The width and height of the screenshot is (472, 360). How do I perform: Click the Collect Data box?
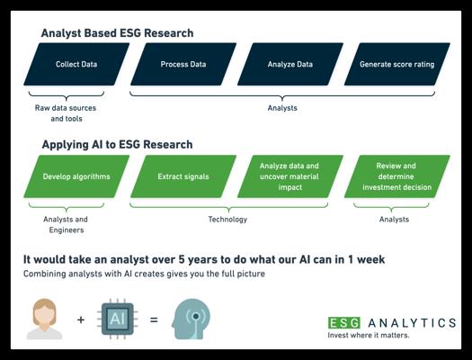tap(76, 64)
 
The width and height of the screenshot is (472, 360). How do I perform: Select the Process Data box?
tap(183, 64)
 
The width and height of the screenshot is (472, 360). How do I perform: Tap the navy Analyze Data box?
tap(290, 64)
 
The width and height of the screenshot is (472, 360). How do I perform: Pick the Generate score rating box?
tap(397, 64)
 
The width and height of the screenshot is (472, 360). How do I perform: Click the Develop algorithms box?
tap(76, 176)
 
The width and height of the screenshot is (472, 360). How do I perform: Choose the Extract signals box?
tap(183, 176)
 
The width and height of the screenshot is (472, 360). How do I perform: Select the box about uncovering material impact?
tap(290, 176)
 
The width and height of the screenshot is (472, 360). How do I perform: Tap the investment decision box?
tap(397, 176)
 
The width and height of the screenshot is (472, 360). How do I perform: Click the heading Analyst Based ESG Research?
tap(117, 33)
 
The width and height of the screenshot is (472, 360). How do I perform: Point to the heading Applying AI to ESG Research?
tap(118, 145)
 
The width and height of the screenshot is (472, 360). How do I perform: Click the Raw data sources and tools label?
tap(66, 113)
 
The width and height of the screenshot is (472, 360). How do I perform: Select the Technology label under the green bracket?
tap(227, 220)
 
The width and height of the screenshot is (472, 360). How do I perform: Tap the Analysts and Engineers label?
tap(66, 225)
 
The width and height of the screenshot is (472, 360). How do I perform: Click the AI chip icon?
tap(118, 319)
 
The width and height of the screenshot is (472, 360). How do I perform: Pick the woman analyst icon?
tap(45, 319)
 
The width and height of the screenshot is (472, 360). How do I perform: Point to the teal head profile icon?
tap(191, 319)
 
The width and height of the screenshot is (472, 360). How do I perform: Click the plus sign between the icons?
tap(81, 319)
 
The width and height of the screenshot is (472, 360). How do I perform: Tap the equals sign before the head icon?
tap(154, 319)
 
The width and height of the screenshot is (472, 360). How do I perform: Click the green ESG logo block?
tap(344, 323)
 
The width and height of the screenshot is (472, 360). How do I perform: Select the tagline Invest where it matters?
tap(369, 335)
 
